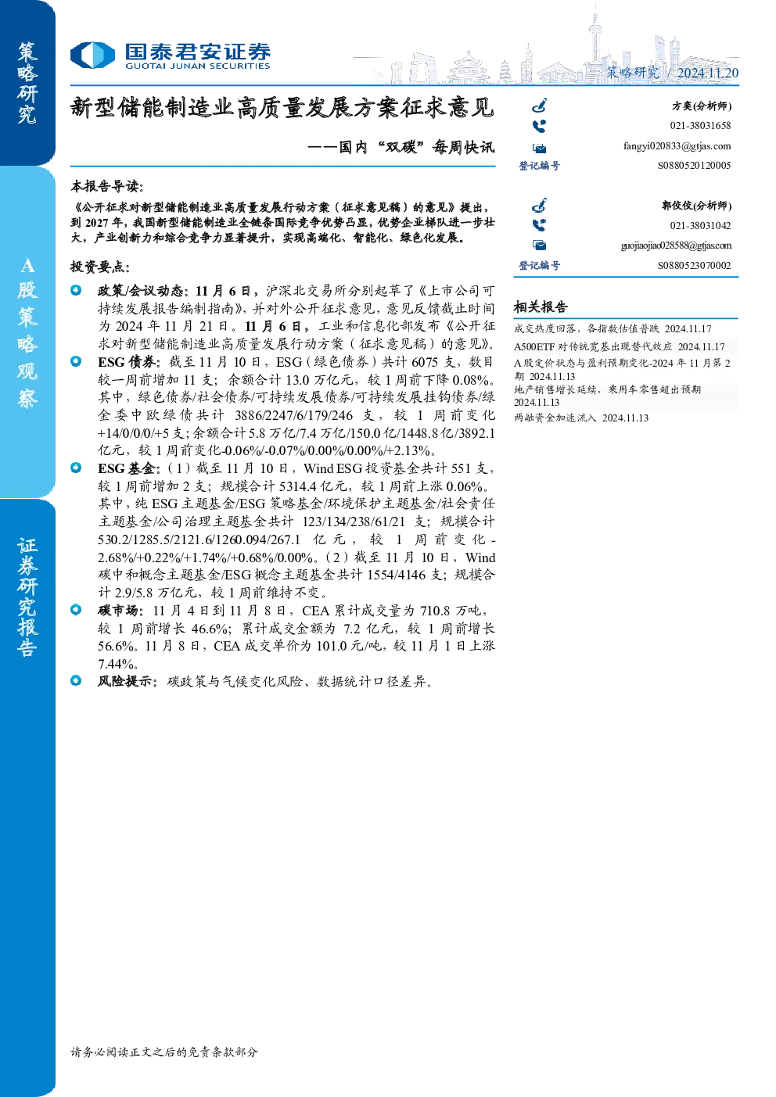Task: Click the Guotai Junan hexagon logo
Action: coord(92,55)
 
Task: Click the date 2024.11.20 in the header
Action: coord(707,73)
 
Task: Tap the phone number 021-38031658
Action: coord(700,126)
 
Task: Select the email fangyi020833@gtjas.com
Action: coord(677,146)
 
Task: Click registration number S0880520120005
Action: coord(694,166)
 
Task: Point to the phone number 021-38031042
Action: coord(700,226)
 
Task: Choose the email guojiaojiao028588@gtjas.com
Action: coord(676,246)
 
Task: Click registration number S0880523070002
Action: coord(694,265)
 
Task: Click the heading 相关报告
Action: coord(541,307)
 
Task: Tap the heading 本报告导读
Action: coord(107,186)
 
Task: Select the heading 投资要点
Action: coord(100,267)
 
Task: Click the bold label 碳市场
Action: coord(120,611)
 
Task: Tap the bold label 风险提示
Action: coord(128,681)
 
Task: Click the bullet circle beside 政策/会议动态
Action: coord(76,290)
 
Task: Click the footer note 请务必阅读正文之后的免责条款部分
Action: coord(164,1052)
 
